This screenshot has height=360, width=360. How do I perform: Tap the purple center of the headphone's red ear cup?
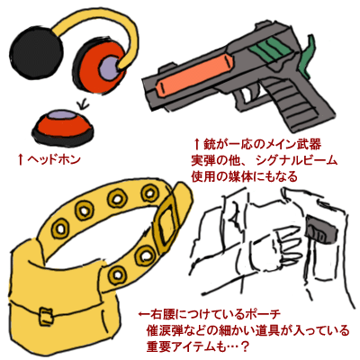(x=111, y=67)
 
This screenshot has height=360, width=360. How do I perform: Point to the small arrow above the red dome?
(x=83, y=103)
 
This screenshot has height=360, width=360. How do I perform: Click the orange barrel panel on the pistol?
(x=195, y=74)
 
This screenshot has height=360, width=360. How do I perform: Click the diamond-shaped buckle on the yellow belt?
(x=166, y=222)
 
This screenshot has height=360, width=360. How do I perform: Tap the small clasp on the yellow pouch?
(x=46, y=315)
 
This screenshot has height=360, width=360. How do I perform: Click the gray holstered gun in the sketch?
(x=321, y=229)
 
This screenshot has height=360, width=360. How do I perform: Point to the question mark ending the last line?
(x=245, y=347)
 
